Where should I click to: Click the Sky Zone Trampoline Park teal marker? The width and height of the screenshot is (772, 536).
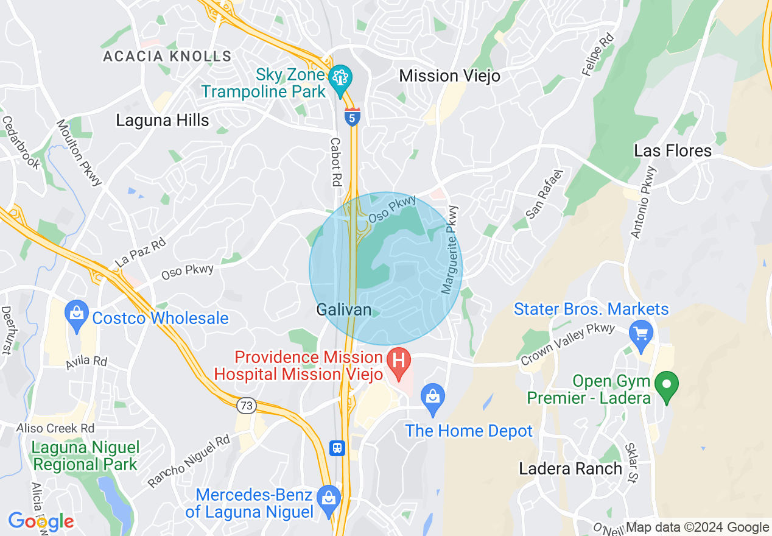pyautogui.click(x=339, y=77)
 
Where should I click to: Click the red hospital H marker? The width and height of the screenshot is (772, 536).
pyautogui.click(x=399, y=358)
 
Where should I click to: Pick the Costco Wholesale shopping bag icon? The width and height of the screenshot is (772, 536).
pyautogui.click(x=76, y=314)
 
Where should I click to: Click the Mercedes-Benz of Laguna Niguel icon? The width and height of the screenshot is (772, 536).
pyautogui.click(x=329, y=496)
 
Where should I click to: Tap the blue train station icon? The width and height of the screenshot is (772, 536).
pyautogui.click(x=337, y=448)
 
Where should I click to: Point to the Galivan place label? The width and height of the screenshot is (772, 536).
pyautogui.click(x=343, y=309)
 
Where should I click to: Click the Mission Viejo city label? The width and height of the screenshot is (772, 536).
pyautogui.click(x=449, y=76)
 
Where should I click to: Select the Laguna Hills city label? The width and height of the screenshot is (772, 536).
pyautogui.click(x=163, y=120)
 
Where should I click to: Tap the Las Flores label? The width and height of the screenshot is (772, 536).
pyautogui.click(x=672, y=150)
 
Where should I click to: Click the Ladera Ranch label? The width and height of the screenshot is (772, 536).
pyautogui.click(x=570, y=468)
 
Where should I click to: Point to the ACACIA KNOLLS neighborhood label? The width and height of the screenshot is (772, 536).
pyautogui.click(x=167, y=57)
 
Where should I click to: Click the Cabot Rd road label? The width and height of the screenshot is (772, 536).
pyautogui.click(x=335, y=161)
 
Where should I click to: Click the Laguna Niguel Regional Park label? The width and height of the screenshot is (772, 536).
pyautogui.click(x=85, y=456)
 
